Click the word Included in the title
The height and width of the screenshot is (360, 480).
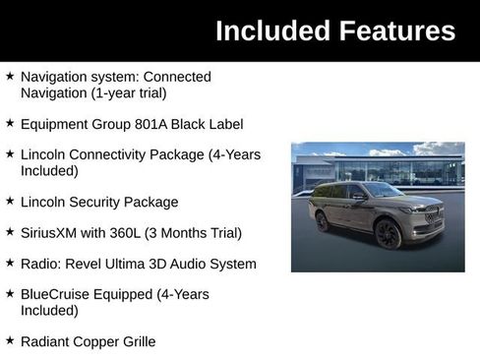click(x=268, y=30)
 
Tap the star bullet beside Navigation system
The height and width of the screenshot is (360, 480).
click(x=10, y=75)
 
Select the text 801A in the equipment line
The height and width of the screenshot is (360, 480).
click(x=151, y=125)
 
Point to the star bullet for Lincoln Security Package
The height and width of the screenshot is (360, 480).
click(x=10, y=201)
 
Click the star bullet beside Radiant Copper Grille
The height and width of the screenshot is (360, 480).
click(x=10, y=339)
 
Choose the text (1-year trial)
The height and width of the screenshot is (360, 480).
click(x=126, y=92)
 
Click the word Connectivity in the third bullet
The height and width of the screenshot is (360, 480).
click(x=113, y=154)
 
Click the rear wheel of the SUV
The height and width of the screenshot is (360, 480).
click(x=323, y=221)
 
